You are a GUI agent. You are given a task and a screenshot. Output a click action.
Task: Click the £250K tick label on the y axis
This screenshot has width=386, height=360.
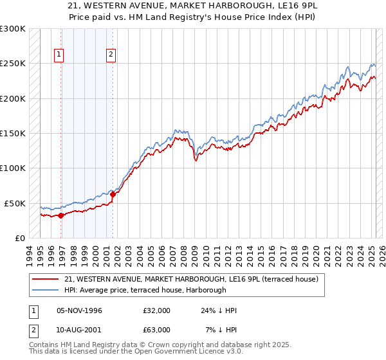point(13,64)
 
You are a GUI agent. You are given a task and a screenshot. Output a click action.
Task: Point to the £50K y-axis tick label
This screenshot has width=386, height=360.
point(15,203)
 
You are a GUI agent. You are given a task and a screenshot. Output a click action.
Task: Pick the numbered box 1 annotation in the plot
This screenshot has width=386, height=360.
point(59,55)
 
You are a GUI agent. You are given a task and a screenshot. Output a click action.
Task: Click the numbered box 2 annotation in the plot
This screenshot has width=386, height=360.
point(111,55)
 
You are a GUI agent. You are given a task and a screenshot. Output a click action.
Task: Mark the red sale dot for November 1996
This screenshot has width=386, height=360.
point(60,216)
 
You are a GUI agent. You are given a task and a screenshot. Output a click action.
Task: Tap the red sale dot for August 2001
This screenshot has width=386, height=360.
point(113,194)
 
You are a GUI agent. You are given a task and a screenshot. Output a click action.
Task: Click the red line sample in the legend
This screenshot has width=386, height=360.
point(45,280)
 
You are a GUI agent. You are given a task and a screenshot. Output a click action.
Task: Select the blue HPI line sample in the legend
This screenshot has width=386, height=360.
point(45,290)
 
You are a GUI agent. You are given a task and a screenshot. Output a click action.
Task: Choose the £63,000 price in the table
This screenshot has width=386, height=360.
point(156,329)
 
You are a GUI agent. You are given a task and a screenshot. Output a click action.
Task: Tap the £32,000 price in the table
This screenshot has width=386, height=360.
point(156,310)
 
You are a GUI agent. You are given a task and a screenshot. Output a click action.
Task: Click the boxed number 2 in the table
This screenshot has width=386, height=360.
point(32,329)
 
